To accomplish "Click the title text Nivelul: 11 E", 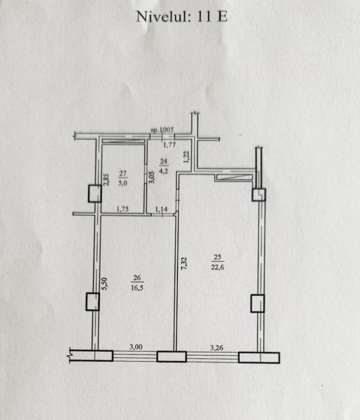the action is tap(182, 16).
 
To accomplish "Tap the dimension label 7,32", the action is tap(184, 264).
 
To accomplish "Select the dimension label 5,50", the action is tap(104, 284).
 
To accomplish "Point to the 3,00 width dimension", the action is tap(136, 347).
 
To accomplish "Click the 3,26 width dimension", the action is tap(216, 348).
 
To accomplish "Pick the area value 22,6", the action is tap(218, 267).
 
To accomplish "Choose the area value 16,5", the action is tap(137, 288).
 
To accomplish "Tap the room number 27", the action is tap(123, 174).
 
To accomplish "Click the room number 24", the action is tap(163, 162).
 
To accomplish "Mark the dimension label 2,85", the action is tap(106, 180).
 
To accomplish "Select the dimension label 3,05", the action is tap(152, 177).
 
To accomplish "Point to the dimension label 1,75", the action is tap(123, 209).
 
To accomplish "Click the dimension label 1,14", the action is tap(161, 209).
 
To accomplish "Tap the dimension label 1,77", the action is tap(170, 145).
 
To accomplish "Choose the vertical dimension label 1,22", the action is tap(187, 157).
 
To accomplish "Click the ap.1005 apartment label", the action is tap(162, 130).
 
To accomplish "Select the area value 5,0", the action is tap(123, 184).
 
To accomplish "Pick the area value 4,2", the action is tap(163, 171).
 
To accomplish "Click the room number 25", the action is tap(217, 257).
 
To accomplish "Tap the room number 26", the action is tap(137, 278).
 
